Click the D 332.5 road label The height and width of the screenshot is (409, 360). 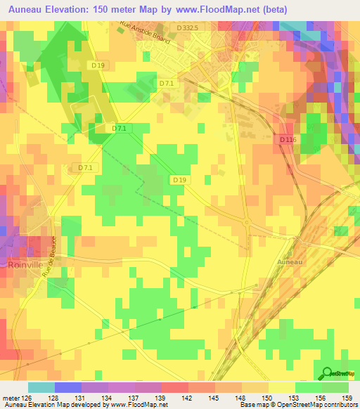[188, 27]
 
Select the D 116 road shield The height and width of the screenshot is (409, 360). [286, 140]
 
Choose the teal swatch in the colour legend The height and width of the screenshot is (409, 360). [41, 387]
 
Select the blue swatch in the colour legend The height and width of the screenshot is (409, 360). [68, 387]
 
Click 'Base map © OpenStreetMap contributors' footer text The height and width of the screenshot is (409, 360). [296, 405]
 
